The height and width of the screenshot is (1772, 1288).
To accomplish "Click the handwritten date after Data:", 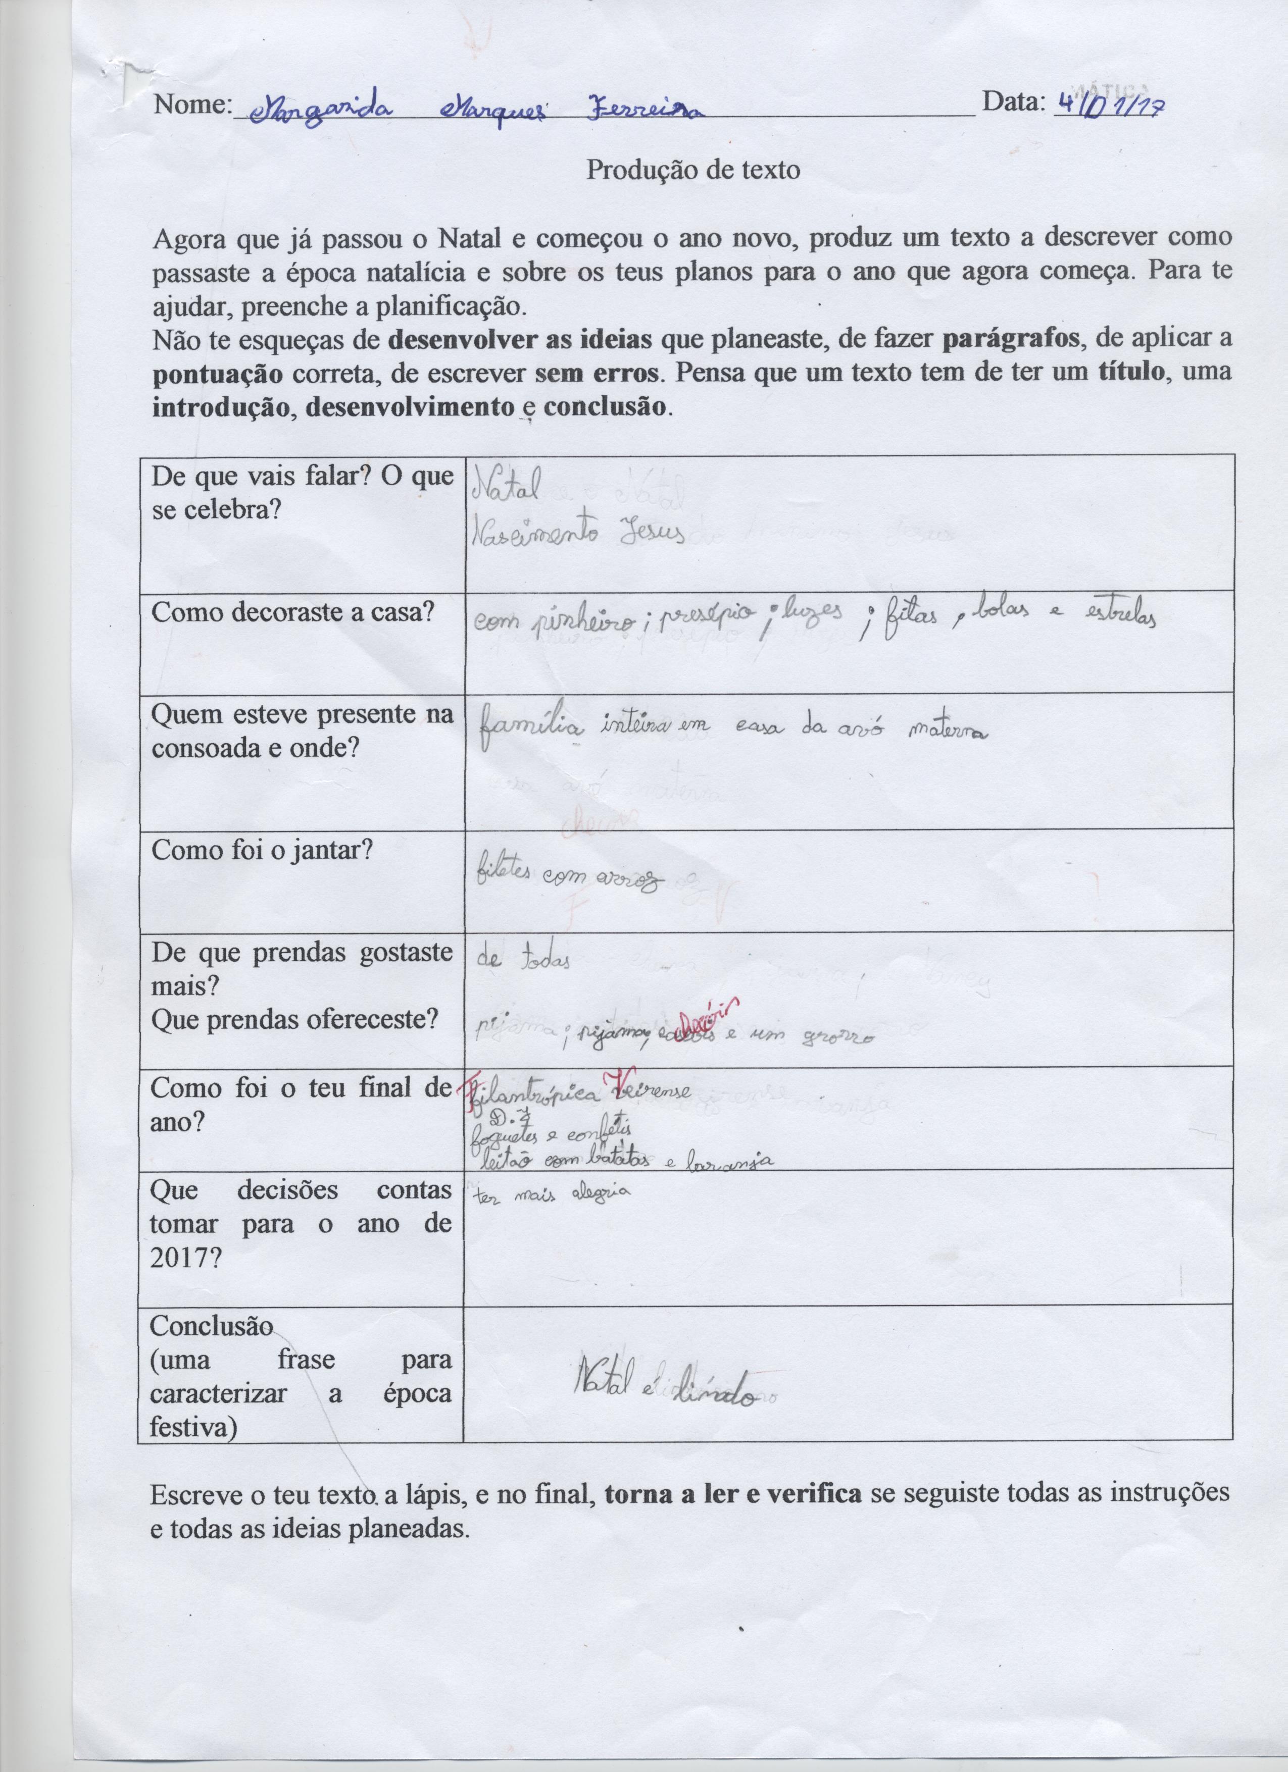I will (1108, 104).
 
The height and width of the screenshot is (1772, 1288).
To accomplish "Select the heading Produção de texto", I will (693, 170).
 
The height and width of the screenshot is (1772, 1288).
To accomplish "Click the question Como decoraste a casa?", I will (292, 612).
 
